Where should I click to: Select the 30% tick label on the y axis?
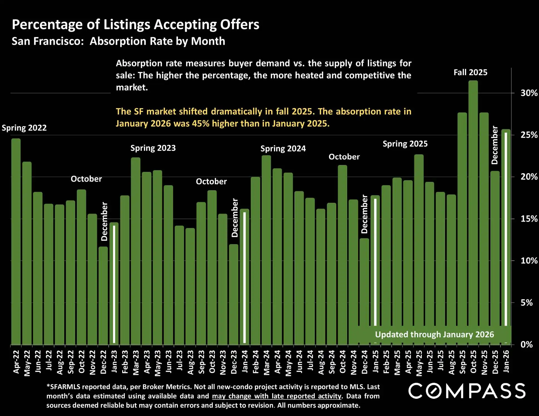pyautogui.click(x=529, y=93)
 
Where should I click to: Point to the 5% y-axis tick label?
pyautogui.click(x=526, y=303)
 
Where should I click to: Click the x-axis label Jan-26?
pyautogui.click(x=506, y=361)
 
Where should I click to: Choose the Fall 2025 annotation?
pyautogui.click(x=470, y=73)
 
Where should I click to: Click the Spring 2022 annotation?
pyautogui.click(x=24, y=128)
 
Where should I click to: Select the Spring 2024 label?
pyautogui.click(x=283, y=148)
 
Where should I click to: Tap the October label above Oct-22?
pyautogui.click(x=86, y=179)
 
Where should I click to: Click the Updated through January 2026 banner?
pyautogui.click(x=434, y=334)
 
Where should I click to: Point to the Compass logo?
pyautogui.click(x=467, y=391)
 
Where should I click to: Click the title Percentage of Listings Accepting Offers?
pyautogui.click(x=136, y=24)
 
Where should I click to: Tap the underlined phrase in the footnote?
pyautogui.click(x=276, y=396)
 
